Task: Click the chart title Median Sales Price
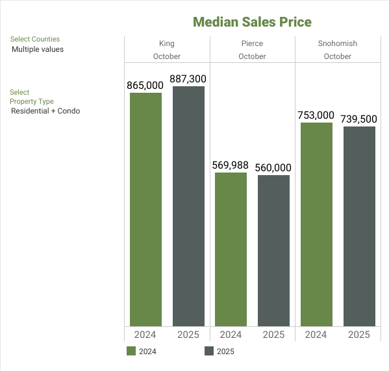(252, 22)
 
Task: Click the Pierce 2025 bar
(273, 250)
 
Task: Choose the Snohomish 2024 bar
(316, 224)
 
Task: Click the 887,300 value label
(188, 78)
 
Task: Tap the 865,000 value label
(145, 85)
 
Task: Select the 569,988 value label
(231, 165)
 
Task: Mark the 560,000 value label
(273, 167)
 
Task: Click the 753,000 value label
(316, 115)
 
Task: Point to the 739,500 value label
(359, 119)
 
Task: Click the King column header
(167, 43)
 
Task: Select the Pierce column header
(252, 43)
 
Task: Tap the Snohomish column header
(338, 43)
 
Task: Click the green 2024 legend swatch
(131, 352)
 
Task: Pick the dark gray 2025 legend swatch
(209, 352)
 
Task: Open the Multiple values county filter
(38, 49)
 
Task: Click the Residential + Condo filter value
(45, 111)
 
